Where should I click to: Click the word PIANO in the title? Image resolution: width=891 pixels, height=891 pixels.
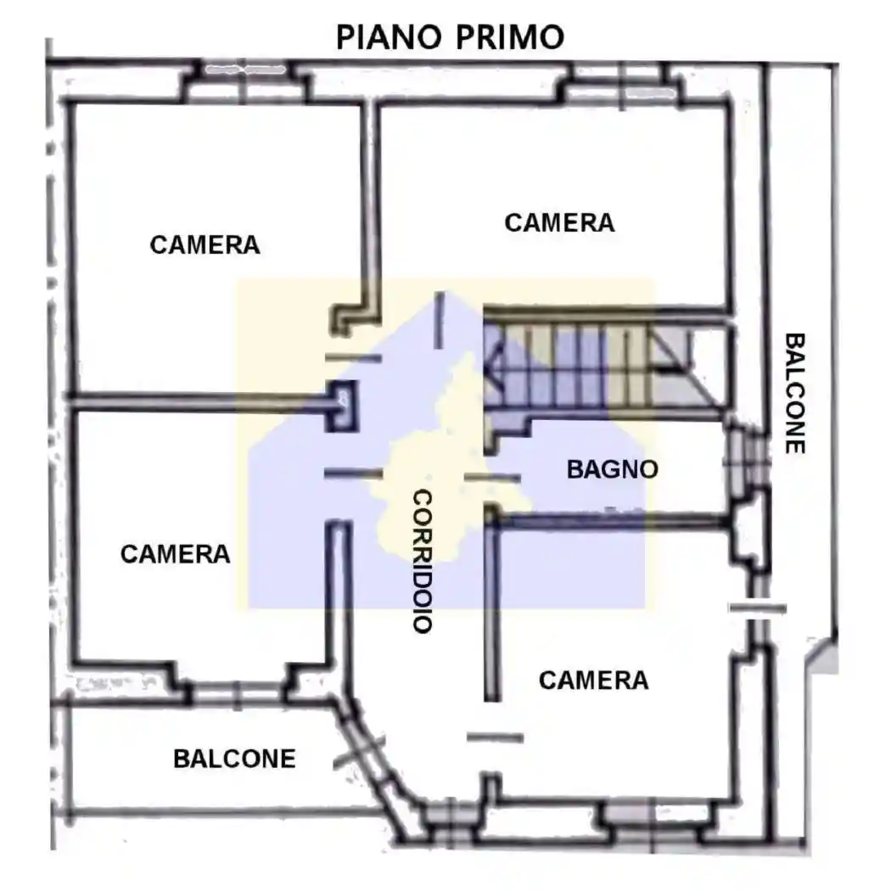tap(388, 37)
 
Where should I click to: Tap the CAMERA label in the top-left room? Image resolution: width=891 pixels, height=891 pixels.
tap(205, 245)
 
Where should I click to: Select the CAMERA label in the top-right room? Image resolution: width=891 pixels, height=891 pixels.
tap(559, 223)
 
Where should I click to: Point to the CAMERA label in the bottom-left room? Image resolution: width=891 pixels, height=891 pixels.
tap(175, 554)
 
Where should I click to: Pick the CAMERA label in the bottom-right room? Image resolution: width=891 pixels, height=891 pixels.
tap(593, 681)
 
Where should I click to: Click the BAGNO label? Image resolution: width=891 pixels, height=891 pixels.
tap(612, 469)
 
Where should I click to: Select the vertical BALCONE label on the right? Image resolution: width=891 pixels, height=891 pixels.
tap(794, 392)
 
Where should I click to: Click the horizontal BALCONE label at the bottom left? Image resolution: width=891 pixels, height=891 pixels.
tap(234, 759)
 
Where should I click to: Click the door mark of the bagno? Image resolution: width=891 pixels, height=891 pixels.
tap(492, 479)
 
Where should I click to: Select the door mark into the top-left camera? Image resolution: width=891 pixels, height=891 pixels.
tap(353, 358)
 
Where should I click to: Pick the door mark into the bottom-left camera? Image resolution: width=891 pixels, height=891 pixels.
tap(353, 473)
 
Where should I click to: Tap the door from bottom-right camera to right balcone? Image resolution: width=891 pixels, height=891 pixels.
tap(757, 608)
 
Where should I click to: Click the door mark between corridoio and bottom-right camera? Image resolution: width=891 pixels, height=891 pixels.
tap(495, 737)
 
